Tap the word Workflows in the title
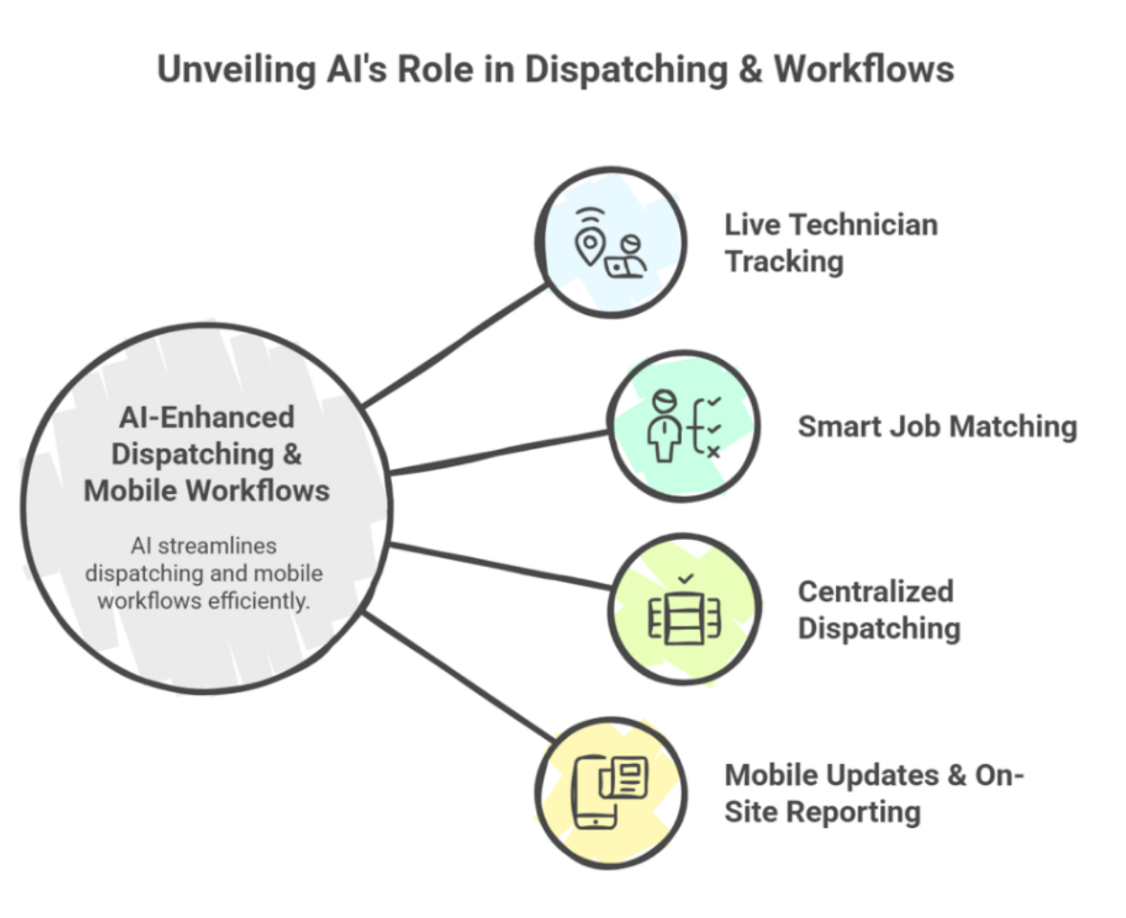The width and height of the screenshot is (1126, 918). [864, 69]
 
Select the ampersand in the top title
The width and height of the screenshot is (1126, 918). [749, 70]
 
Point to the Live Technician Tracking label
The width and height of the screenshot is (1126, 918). [831, 243]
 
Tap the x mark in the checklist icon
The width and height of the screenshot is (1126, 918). [713, 452]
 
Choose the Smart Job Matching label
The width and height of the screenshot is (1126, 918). [937, 427]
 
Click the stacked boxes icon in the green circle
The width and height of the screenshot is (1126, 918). [685, 619]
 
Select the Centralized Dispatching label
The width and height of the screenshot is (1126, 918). [878, 610]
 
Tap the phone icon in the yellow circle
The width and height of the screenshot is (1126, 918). [595, 792]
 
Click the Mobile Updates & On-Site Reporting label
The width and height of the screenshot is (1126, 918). [873, 794]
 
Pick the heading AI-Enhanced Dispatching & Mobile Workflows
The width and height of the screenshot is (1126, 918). [207, 454]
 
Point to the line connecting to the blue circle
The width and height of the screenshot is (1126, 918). [455, 346]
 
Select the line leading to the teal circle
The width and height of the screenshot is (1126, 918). [500, 454]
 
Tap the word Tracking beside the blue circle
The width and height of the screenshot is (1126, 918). [784, 262]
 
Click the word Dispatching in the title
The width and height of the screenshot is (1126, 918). [625, 70]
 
